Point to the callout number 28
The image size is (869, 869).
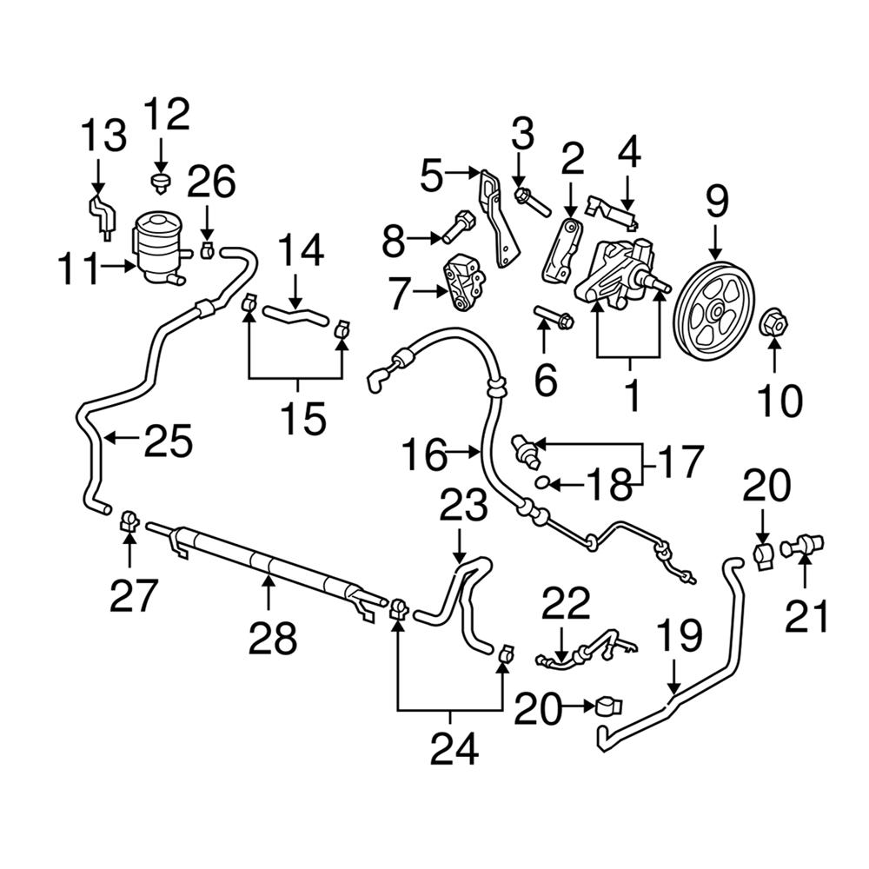click(273, 638)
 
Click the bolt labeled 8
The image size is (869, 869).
click(456, 229)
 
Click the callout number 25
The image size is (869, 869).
click(169, 440)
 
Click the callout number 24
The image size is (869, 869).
click(454, 747)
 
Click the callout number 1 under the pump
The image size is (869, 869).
click(631, 395)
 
